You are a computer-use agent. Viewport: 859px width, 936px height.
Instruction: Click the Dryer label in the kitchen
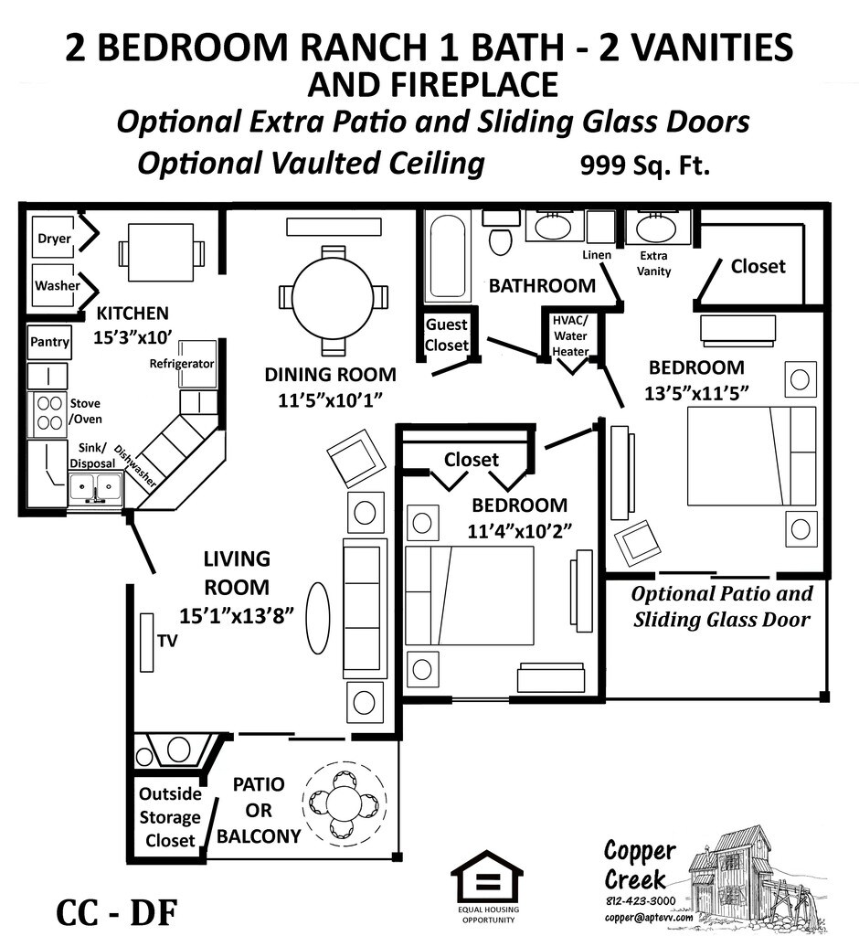coord(54,239)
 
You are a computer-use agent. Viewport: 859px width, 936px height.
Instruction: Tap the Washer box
coord(57,285)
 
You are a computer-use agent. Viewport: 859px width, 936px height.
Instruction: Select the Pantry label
coord(49,342)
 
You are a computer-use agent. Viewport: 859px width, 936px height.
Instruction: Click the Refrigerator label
coord(182,364)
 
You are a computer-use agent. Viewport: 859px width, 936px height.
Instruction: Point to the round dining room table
coord(334,298)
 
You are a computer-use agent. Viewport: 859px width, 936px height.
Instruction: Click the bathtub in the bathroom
coord(448,256)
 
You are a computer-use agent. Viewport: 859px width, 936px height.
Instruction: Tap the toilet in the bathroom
coord(501,236)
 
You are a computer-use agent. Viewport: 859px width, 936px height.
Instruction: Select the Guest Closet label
coord(447,335)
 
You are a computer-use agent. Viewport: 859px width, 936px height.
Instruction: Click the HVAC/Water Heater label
coord(570,335)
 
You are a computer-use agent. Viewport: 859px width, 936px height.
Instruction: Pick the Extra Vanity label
coord(654,263)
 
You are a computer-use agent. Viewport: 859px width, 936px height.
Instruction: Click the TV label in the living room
coord(166,641)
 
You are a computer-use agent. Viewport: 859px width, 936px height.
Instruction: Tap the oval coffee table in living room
coord(317,618)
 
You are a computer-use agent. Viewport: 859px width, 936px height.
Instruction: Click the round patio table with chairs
coord(345,803)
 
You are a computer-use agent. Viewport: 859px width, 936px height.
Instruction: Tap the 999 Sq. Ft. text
coord(644,166)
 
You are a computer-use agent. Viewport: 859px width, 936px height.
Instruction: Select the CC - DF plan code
coord(115,911)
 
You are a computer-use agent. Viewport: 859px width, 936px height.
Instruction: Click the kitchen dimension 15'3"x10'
coord(132,335)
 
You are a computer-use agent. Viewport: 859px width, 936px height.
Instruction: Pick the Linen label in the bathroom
coord(597,254)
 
